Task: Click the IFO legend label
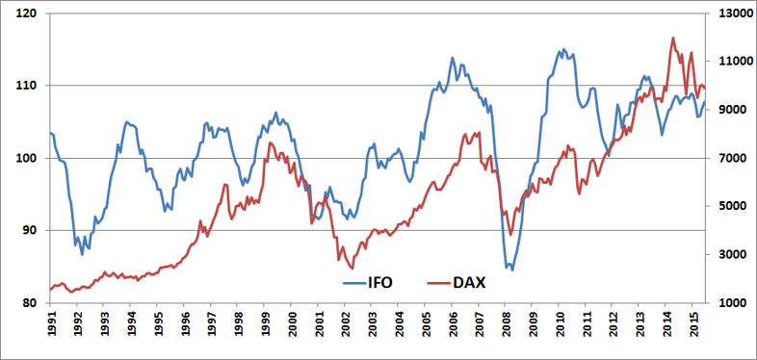click(x=379, y=282)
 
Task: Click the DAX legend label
click(x=468, y=282)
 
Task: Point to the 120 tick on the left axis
click(x=30, y=13)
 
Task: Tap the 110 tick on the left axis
click(x=30, y=86)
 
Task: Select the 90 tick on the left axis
click(x=32, y=230)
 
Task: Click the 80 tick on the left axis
click(x=32, y=302)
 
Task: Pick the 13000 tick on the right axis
click(x=730, y=13)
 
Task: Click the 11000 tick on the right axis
click(x=730, y=62)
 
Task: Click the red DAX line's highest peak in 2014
click(x=673, y=38)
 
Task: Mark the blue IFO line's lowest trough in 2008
click(x=512, y=270)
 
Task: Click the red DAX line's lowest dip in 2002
click(x=352, y=269)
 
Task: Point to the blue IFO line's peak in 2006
click(x=453, y=58)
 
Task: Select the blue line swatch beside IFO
click(x=354, y=283)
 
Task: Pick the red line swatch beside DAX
click(x=438, y=283)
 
